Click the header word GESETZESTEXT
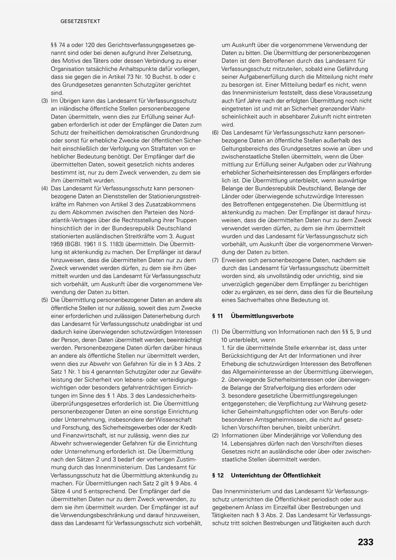81,21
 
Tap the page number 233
365,542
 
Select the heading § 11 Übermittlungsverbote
253,316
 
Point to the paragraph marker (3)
44,101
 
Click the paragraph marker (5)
44,300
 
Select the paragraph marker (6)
215,133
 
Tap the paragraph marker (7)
215,260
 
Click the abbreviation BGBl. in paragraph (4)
77,244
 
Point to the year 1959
59,244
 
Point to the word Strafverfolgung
278,387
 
